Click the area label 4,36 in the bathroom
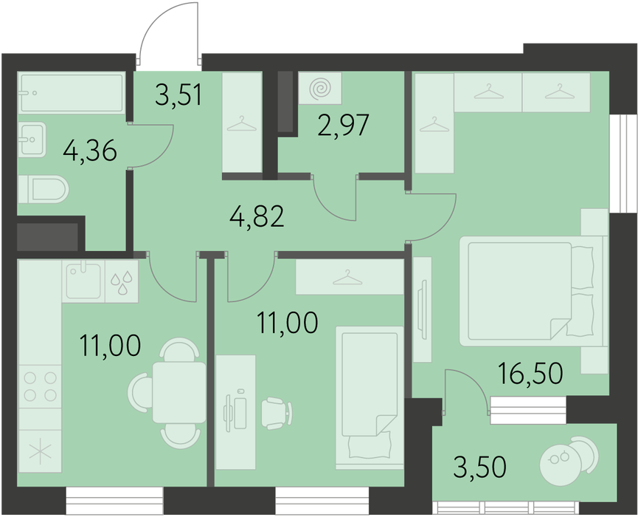pyautogui.click(x=90, y=151)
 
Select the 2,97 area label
pyautogui.click(x=344, y=126)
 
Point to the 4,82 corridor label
pyautogui.click(x=257, y=216)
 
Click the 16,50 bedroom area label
pyautogui.click(x=530, y=373)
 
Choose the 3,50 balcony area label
pyautogui.click(x=479, y=467)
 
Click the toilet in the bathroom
pyautogui.click(x=44, y=189)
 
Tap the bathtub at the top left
pyautogui.click(x=72, y=93)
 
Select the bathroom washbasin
pyautogui.click(x=32, y=140)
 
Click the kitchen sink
pyautogui.click(x=83, y=281)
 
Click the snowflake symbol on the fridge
pyautogui.click(x=40, y=451)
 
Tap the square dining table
pyautogui.click(x=179, y=393)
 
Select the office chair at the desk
pyautogui.click(x=277, y=414)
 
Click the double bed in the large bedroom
pyautogui.click(x=531, y=291)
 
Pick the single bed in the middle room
pyautogui.click(x=370, y=397)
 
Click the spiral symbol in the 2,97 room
pyautogui.click(x=320, y=88)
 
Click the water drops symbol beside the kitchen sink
pyautogui.click(x=122, y=282)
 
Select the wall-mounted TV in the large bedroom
pyautogui.click(x=424, y=309)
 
